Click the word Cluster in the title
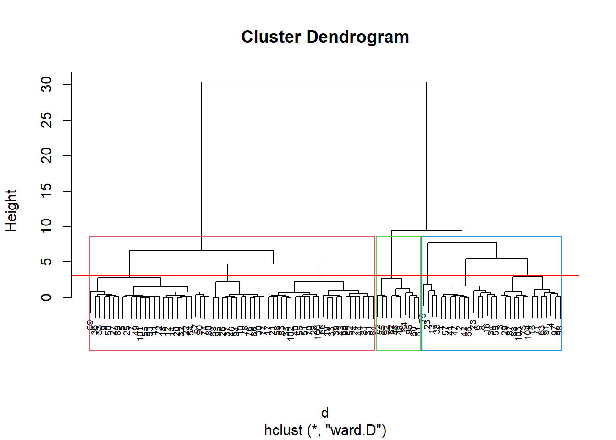point(271,37)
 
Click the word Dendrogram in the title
point(357,37)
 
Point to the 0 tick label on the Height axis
point(47,297)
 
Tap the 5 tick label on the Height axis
point(47,262)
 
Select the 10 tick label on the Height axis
point(47,226)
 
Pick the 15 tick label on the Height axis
point(47,191)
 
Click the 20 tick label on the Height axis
point(47,155)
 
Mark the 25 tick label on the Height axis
point(47,120)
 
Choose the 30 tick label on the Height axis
point(47,85)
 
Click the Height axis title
point(11,211)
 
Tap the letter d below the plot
point(325,413)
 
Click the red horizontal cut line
point(568,276)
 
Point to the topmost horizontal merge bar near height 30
point(314,82)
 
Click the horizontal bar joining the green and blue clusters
point(427,230)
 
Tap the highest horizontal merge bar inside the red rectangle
point(202,250)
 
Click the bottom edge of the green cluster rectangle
point(398,350)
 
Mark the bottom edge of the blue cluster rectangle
point(491,350)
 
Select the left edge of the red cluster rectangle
point(89,293)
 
